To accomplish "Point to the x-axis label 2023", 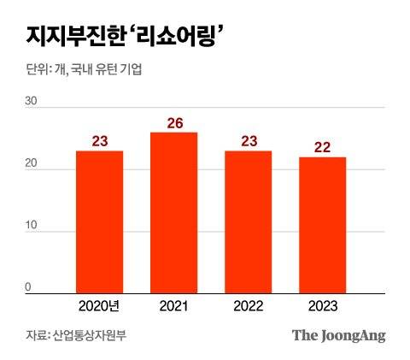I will coord(323,306).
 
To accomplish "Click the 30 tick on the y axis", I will coord(32,101).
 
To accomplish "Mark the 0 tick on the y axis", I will coord(27,288).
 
